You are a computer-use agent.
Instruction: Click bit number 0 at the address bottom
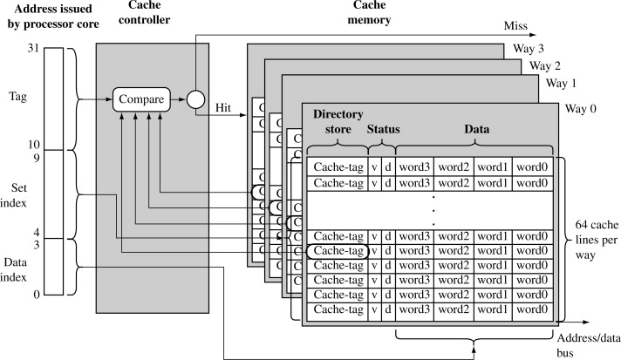coord(36,295)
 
